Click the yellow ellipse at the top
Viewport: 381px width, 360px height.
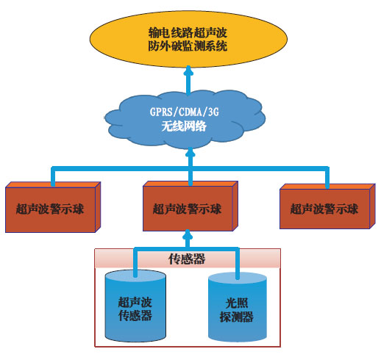[188, 39]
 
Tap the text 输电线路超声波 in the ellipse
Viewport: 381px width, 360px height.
[188, 32]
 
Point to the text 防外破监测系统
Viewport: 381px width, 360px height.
[188, 46]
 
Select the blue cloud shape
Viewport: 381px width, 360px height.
[185, 119]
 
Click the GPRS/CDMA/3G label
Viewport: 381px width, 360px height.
[184, 112]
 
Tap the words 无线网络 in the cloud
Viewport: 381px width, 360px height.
[184, 126]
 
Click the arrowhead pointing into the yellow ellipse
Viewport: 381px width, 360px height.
[188, 71]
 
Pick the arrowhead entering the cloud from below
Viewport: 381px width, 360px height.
[190, 152]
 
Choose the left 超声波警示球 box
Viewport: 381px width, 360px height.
[53, 207]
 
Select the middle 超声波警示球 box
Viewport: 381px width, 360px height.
[190, 206]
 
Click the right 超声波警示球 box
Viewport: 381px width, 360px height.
[327, 206]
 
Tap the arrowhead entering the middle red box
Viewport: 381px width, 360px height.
[188, 234]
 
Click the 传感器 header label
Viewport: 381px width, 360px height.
[187, 259]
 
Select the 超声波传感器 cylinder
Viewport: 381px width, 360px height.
[135, 306]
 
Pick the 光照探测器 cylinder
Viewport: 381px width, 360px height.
[238, 307]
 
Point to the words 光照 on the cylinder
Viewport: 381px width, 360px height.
[237, 303]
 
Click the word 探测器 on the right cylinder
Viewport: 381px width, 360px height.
[237, 317]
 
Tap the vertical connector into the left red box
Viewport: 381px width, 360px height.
[53, 176]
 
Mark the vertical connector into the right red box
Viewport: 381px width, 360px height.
[327, 178]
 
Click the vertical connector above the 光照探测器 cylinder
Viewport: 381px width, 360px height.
[238, 264]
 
